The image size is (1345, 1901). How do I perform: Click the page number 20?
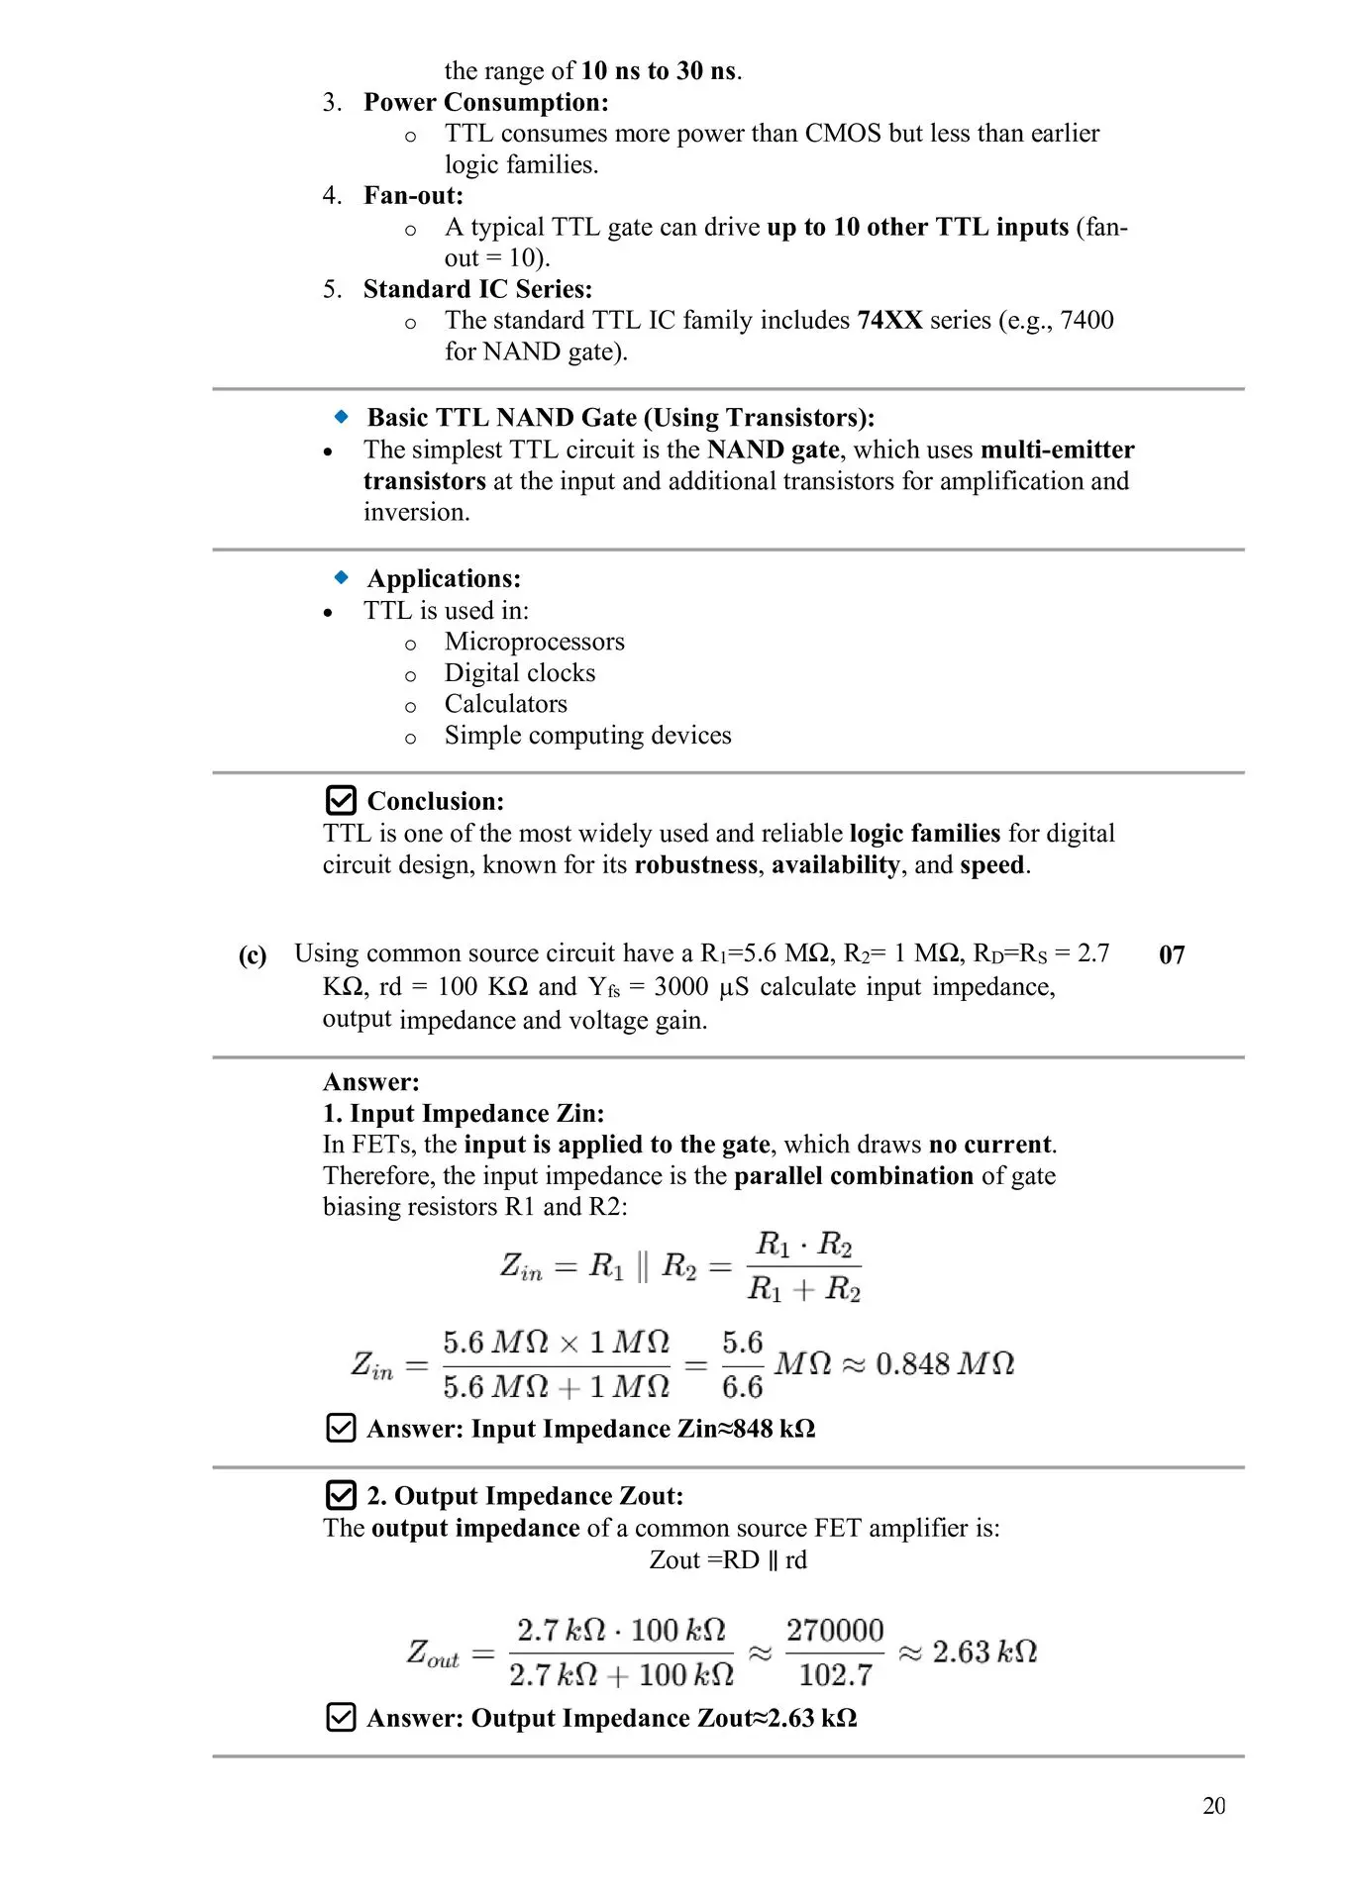coord(1213,1805)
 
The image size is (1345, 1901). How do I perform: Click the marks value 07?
coord(1172,954)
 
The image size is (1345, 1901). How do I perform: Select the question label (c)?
coord(253,954)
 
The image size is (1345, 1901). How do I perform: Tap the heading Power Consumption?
coord(485,102)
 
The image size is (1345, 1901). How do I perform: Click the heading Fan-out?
coord(413,195)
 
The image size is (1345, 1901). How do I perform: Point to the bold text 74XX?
coord(889,320)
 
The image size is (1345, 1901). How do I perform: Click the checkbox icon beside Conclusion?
coord(341,800)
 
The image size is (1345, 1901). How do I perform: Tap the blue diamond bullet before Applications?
coord(342,577)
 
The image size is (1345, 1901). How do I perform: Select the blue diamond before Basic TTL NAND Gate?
coord(342,417)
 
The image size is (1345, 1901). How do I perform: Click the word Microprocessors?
coord(534,642)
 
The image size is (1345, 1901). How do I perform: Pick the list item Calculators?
coord(505,704)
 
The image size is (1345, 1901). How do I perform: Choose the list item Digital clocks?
coord(520,673)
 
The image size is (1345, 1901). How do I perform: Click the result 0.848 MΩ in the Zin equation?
coord(945,1363)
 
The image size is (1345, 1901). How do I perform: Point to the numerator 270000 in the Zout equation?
coord(834,1630)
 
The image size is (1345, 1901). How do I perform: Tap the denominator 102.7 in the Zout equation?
coord(835,1674)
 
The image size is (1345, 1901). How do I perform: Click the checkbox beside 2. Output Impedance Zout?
coord(341,1494)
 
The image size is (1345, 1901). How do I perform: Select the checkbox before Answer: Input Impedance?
coord(341,1428)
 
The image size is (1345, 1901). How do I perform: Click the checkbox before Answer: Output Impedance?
coord(341,1717)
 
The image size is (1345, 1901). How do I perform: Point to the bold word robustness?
coord(696,864)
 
